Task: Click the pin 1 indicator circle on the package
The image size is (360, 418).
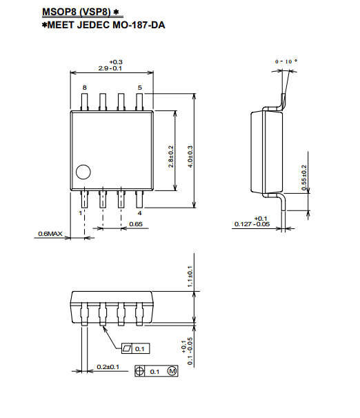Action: click(x=83, y=172)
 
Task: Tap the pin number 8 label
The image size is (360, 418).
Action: click(x=84, y=88)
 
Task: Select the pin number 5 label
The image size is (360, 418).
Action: click(x=139, y=88)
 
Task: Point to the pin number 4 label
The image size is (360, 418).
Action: click(x=139, y=213)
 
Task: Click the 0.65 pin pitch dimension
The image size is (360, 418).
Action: click(x=136, y=224)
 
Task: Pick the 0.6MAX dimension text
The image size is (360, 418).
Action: click(x=50, y=234)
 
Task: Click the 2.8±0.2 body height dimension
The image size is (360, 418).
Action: click(x=170, y=157)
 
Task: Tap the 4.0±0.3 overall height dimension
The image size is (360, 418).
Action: click(x=190, y=157)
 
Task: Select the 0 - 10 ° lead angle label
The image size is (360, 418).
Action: click(x=286, y=61)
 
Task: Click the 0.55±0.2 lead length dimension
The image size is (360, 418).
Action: click(x=304, y=177)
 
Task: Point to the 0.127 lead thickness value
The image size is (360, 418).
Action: click(x=243, y=224)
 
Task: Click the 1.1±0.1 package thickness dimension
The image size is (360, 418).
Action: click(x=190, y=277)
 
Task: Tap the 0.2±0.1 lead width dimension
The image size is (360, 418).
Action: click(x=108, y=367)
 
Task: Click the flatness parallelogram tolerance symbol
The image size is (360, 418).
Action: click(x=127, y=348)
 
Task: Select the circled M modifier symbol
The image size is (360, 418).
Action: click(x=172, y=371)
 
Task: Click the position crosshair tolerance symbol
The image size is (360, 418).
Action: click(x=139, y=371)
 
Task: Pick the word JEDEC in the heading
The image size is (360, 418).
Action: click(x=93, y=25)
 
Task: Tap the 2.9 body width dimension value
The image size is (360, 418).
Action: click(x=103, y=68)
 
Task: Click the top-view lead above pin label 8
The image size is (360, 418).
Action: click(x=84, y=101)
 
